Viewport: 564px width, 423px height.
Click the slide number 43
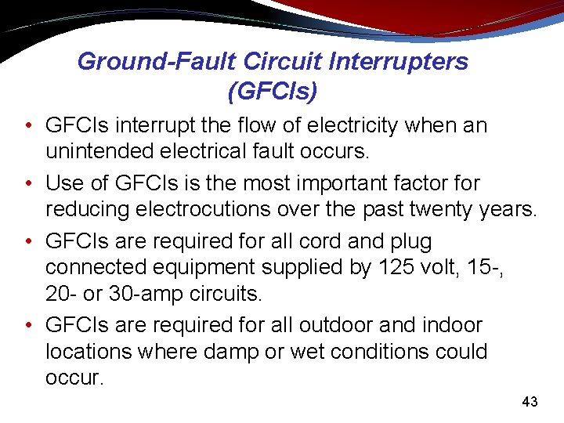point(530,402)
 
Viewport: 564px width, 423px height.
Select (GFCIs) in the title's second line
point(272,92)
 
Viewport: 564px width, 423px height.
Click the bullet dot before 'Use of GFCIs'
point(28,183)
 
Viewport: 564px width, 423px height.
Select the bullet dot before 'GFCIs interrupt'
point(28,126)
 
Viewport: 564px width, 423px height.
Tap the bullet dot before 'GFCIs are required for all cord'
point(28,240)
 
